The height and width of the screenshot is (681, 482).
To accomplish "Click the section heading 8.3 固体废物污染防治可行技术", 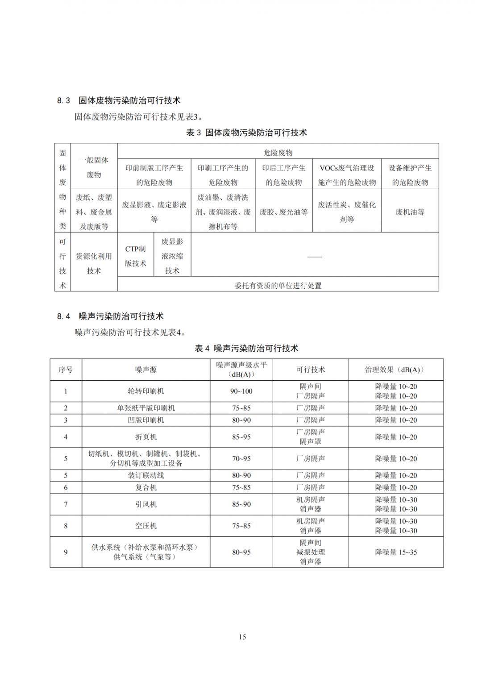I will pos(118,100).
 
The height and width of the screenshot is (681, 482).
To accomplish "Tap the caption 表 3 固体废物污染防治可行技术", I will pos(246,133).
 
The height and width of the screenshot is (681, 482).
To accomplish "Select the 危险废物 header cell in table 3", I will pos(278,153).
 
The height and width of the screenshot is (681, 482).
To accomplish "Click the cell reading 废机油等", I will pos(410,212).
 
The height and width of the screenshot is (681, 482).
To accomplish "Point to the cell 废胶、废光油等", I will pos(283,212).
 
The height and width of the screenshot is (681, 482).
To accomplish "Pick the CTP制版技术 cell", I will pos(135,256).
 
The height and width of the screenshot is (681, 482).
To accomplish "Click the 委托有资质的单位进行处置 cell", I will pos(278,286).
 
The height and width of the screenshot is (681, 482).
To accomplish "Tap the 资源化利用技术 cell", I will pos(94,263).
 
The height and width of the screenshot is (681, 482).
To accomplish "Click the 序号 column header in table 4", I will pos(66,370).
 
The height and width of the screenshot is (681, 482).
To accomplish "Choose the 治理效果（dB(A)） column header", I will pos(396,370).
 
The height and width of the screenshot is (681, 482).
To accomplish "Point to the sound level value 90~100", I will pos(241,391).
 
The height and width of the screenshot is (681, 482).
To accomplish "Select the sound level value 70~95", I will pos(241,458).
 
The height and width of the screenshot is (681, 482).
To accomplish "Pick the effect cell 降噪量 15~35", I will pos(396,552).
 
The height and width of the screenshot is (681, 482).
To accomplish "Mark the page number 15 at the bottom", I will pos(242,637).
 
